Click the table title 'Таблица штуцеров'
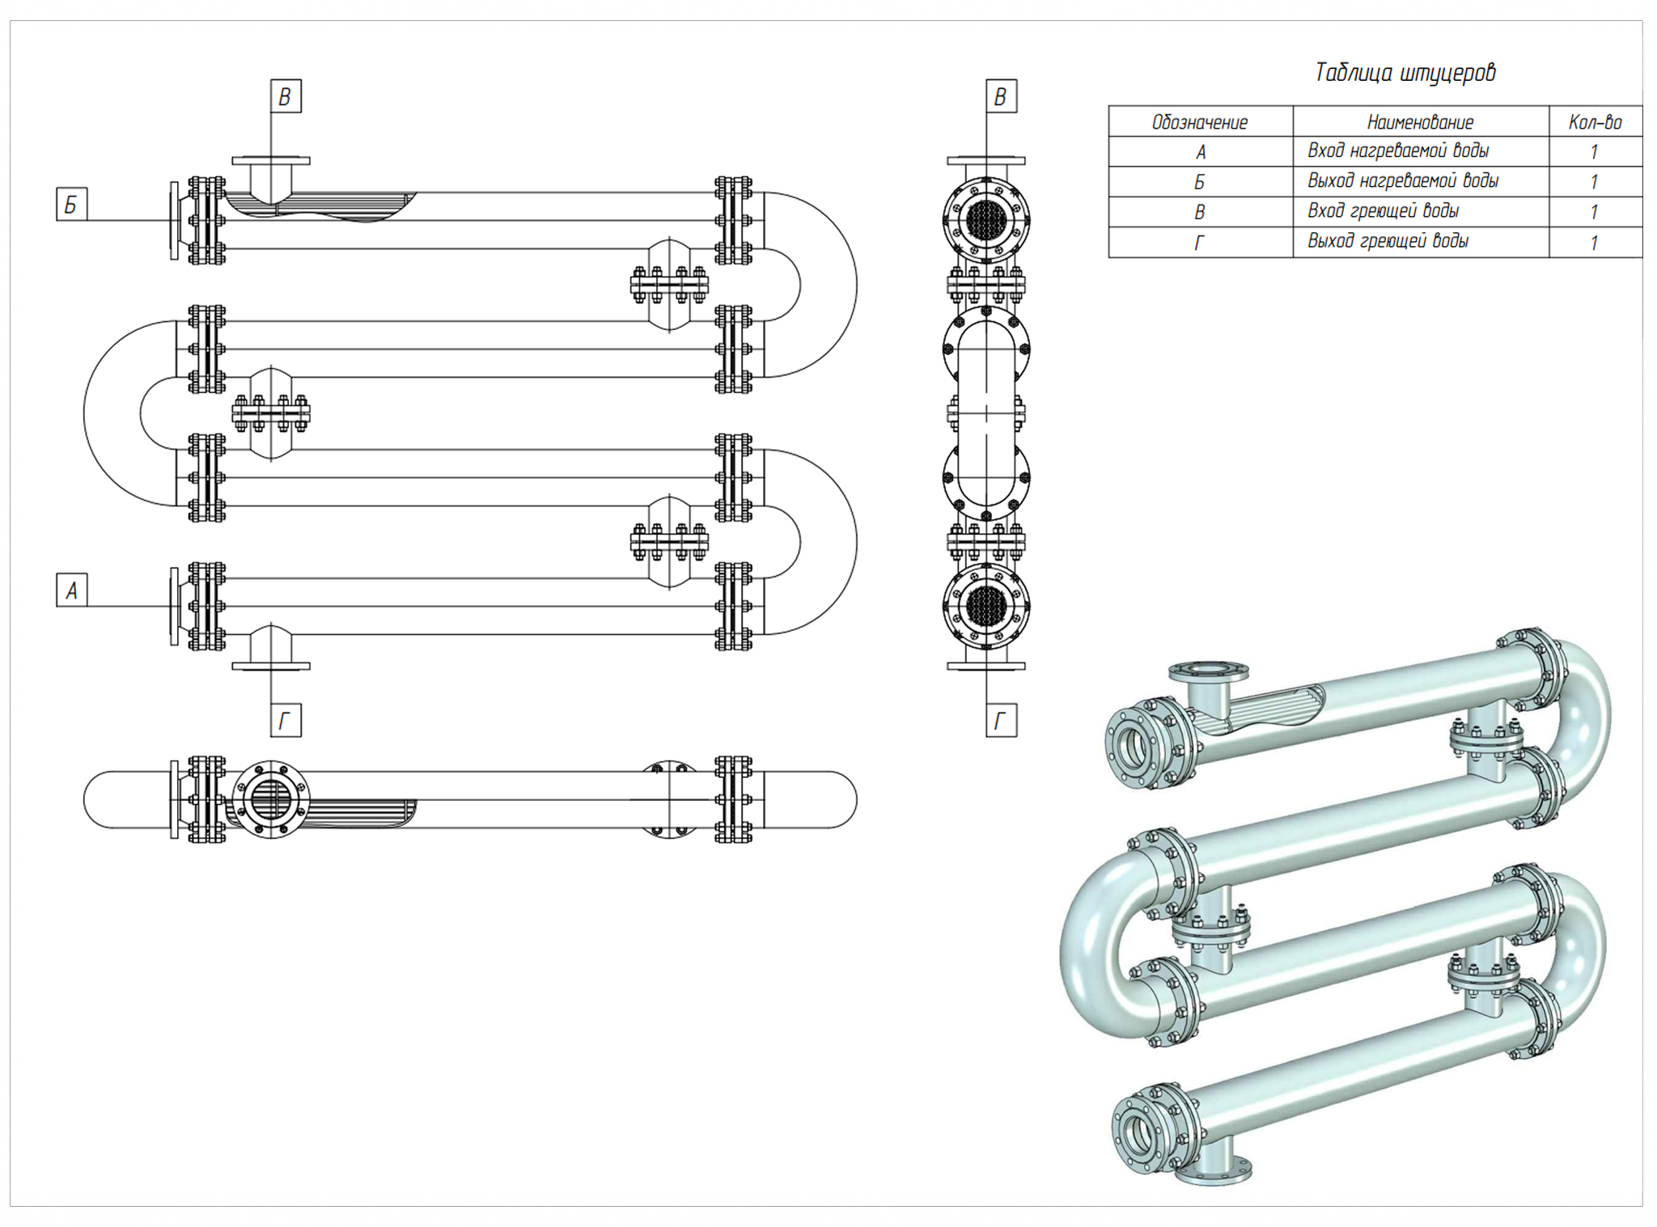coord(1405,73)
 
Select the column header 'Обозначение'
coord(1199,122)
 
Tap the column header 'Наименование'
coord(1420,122)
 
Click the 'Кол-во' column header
coord(1595,122)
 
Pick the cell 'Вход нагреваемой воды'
coord(1398,151)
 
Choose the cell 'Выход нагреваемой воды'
coord(1403,181)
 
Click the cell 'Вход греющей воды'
coord(1383,211)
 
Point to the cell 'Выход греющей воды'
coord(1388,241)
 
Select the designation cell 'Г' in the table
coord(1199,242)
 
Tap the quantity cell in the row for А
coord(1594,152)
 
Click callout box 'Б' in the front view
coord(71,205)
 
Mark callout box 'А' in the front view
coord(71,590)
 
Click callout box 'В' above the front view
coord(285,97)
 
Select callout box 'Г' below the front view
coord(285,721)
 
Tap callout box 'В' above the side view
coord(1001,97)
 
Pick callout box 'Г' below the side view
coord(1001,721)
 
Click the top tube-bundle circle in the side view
coord(986,218)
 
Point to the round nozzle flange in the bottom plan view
coord(271,800)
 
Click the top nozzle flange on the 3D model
coord(1208,671)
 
